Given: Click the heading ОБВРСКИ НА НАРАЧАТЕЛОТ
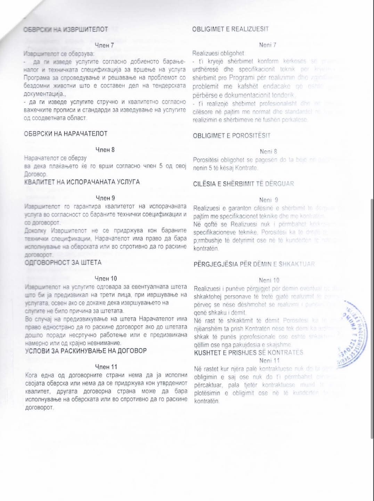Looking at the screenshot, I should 66,134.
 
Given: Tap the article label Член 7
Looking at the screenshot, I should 105,45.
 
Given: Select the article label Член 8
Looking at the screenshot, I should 105,150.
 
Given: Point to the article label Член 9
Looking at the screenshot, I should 105,198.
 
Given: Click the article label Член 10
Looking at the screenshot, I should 106,278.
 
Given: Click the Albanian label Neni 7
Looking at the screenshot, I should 268,45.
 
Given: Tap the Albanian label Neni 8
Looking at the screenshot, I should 268,151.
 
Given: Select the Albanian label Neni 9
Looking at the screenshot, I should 268,200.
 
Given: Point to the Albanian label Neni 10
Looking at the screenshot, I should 269,280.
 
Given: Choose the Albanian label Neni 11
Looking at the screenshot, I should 269,360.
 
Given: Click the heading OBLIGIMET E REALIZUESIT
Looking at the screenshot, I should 230,29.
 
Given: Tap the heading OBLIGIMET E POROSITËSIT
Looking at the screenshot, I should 231,135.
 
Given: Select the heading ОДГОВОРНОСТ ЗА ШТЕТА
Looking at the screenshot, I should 63,263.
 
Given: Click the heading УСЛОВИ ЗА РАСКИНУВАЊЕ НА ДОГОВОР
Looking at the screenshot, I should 86,351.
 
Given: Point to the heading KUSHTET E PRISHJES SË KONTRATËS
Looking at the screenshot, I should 249,352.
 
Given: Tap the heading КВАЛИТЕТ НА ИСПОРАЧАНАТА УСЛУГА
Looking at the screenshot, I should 82,182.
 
